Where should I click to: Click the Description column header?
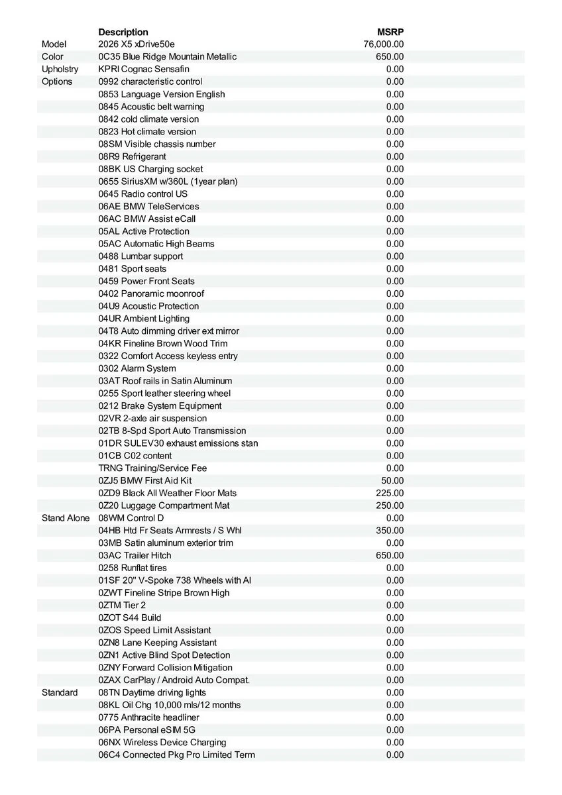pos(123,32)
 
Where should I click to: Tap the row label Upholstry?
pos(60,69)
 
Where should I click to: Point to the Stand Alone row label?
pos(65,518)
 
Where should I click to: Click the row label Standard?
pos(60,692)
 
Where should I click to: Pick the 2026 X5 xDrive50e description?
pos(137,44)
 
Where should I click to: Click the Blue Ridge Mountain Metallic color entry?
pos(167,57)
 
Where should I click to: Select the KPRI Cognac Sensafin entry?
pos(142,69)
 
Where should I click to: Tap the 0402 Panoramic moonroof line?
pos(151,293)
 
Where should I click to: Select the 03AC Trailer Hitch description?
pos(135,555)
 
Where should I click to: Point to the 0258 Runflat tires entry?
pos(133,568)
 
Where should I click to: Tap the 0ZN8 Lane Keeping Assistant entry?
pos(157,643)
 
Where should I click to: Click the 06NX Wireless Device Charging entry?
pos(162,742)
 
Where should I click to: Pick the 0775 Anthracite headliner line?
pos(148,717)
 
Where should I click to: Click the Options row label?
pos(57,81)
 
